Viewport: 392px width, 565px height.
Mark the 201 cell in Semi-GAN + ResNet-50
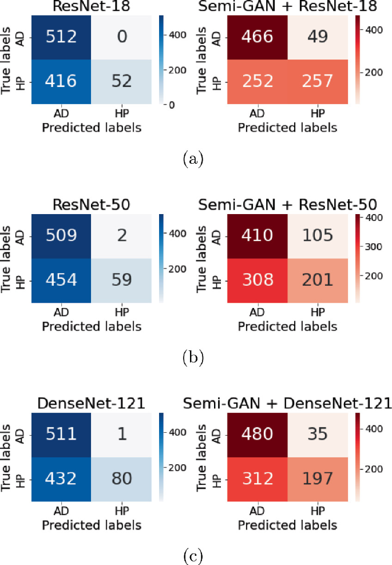tap(310, 280)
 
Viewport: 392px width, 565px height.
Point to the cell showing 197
tap(310, 479)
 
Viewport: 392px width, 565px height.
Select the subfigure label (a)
tap(192, 159)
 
